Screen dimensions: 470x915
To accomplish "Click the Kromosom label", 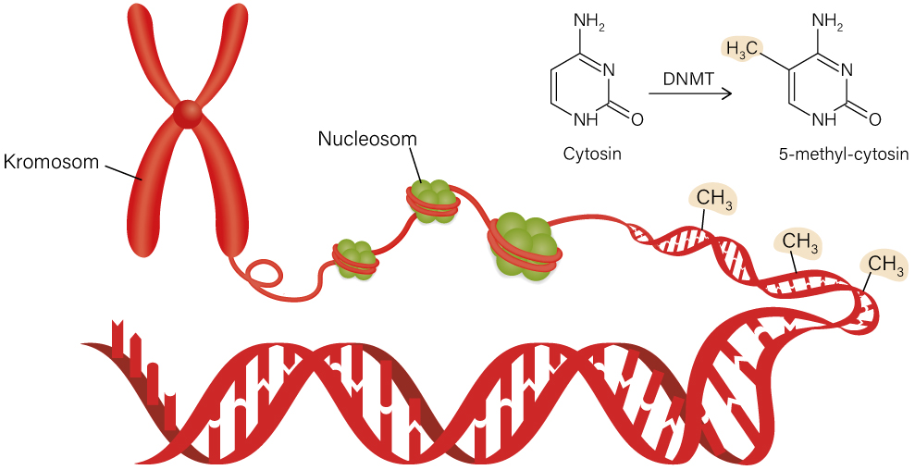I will pyautogui.click(x=50, y=162).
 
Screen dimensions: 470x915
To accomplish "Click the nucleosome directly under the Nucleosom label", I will pyautogui.click(x=431, y=199).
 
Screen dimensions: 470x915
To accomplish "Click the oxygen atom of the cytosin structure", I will pyautogui.click(x=637, y=119).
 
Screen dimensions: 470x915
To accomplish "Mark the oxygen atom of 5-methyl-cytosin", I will pyautogui.click(x=874, y=119).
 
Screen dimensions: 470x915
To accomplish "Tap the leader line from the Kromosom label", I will pyautogui.click(x=121, y=170).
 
